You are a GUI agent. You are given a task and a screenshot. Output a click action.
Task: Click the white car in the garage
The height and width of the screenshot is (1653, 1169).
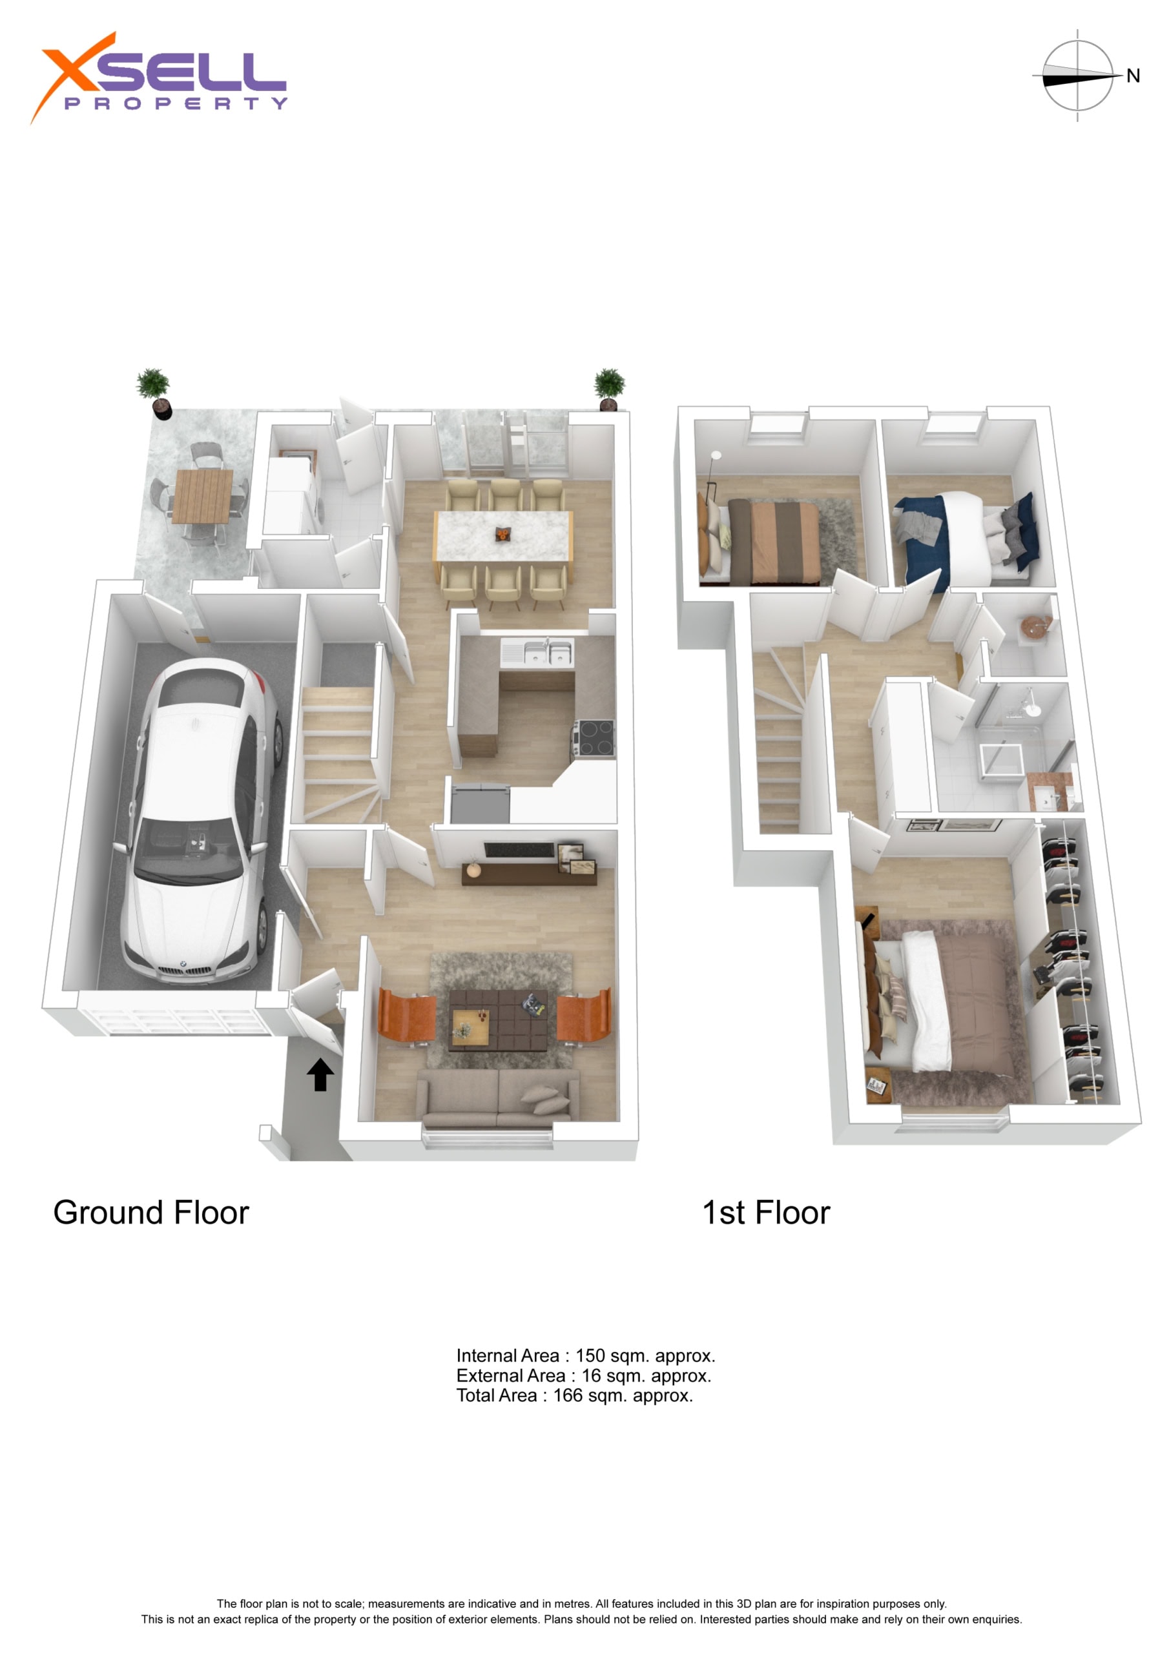(200, 821)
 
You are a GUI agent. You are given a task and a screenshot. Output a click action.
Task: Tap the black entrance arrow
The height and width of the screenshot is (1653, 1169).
(320, 1075)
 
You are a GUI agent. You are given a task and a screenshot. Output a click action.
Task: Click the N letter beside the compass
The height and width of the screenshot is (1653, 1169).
(1133, 76)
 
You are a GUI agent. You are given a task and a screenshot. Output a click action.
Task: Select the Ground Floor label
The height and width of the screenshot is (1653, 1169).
(151, 1213)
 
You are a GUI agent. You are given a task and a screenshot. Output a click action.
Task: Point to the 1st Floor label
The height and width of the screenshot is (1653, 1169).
(767, 1213)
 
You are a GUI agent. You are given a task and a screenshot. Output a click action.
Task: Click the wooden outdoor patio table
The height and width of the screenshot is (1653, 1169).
(202, 496)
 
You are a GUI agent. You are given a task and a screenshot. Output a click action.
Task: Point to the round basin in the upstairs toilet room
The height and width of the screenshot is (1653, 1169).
(1034, 626)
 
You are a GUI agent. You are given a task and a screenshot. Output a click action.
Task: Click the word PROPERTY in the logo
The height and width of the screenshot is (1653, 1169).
(176, 104)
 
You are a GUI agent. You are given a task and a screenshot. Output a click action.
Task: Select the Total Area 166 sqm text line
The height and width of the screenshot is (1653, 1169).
(575, 1395)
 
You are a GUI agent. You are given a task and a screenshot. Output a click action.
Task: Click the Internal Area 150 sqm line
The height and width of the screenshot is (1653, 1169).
(586, 1356)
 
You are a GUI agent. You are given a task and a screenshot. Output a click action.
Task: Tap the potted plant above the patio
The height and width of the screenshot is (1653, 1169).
(154, 393)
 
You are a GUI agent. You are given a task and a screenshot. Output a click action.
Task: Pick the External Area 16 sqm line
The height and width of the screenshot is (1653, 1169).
(583, 1376)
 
